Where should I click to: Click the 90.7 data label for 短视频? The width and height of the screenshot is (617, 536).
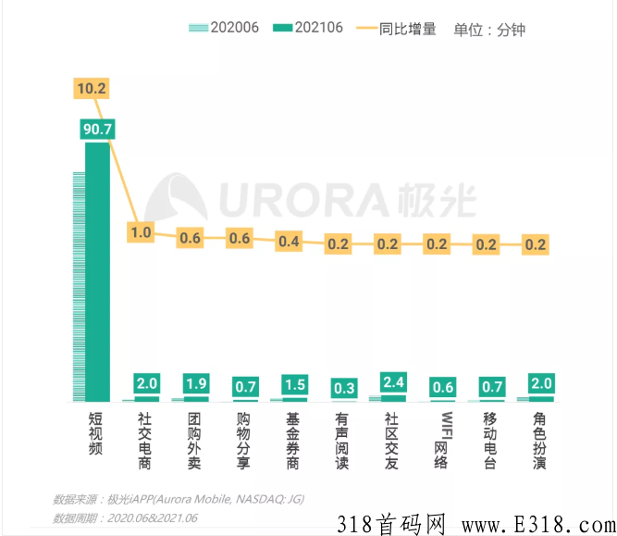click(x=97, y=130)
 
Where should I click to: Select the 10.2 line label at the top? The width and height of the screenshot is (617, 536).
click(x=93, y=88)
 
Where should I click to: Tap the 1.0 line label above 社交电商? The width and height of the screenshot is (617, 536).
click(x=141, y=232)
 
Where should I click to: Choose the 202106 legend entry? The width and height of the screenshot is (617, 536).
click(x=310, y=28)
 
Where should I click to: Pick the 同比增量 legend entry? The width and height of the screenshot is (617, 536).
click(x=397, y=28)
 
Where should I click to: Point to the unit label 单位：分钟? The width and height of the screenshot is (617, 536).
click(x=489, y=29)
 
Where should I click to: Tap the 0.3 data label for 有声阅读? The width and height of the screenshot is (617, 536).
click(x=342, y=387)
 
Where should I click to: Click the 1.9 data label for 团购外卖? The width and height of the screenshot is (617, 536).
click(x=194, y=383)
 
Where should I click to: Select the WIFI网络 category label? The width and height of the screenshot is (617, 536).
click(x=442, y=440)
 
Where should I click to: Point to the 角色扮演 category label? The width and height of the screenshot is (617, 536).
click(x=540, y=440)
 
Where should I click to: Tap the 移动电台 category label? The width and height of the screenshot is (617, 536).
click(x=491, y=440)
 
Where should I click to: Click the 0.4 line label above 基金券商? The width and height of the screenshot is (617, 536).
click(x=290, y=242)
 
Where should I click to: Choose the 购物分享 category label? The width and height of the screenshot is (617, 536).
click(x=243, y=440)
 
